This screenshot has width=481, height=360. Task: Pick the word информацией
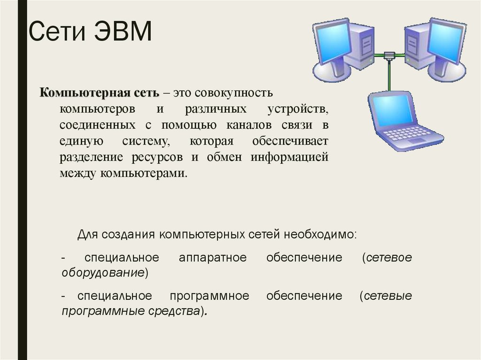tap(289, 157)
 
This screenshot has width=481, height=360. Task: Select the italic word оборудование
tap(103, 273)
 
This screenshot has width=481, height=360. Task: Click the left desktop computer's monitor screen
tap(332, 44)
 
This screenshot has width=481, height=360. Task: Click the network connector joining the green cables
tap(389, 55)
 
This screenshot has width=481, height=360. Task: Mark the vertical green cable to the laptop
tap(389, 75)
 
